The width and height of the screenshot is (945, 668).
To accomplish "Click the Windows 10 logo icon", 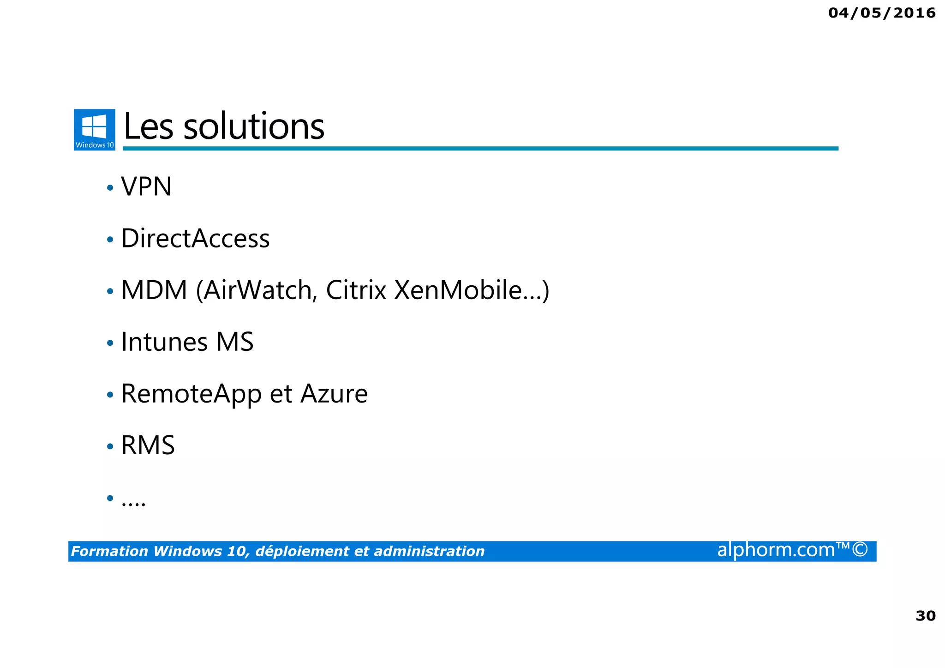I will click(95, 129).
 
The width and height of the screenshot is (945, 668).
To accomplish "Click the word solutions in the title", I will click(254, 127).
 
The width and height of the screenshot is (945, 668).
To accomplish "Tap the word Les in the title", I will click(149, 127).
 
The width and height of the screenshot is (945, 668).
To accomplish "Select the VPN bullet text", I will click(146, 187).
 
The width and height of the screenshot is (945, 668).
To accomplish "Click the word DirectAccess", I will click(195, 239).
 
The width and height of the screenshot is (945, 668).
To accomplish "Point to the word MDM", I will click(154, 290).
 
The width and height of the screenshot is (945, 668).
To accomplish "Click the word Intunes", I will click(164, 342).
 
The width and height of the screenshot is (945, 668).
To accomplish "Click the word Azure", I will click(334, 394).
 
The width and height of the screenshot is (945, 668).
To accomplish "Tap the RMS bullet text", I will click(148, 445).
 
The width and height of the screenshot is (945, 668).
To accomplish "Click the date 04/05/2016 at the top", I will click(882, 13).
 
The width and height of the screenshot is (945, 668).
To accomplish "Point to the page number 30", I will click(925, 616).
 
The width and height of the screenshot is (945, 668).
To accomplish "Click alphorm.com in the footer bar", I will click(776, 550).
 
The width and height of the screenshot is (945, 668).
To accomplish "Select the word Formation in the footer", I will click(110, 551).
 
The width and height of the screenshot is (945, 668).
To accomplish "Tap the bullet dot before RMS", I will click(110, 446).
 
